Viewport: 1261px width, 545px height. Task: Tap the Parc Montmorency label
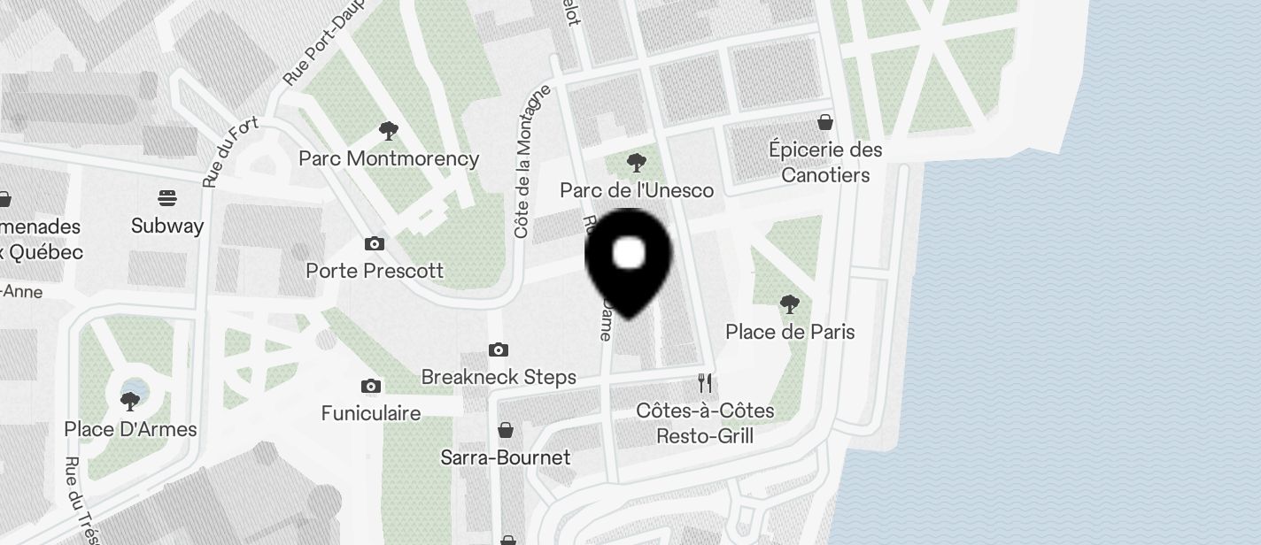(x=389, y=159)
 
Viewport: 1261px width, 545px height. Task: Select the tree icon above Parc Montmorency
(x=388, y=132)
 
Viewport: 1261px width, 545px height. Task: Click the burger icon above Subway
(x=167, y=197)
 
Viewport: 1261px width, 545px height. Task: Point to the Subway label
(x=167, y=226)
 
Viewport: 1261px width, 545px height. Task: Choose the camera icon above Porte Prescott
(x=375, y=243)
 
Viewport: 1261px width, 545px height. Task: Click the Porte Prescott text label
(x=375, y=271)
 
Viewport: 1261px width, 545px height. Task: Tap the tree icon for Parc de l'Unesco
(x=636, y=163)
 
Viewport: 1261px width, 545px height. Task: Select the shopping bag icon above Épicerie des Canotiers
(x=825, y=121)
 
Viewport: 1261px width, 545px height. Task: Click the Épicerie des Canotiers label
(x=825, y=162)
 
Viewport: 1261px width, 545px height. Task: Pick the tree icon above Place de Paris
(x=790, y=305)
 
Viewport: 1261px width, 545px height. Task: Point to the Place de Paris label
(x=790, y=332)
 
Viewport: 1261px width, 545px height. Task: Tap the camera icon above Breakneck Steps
(x=499, y=350)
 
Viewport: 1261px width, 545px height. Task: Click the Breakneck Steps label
(x=499, y=378)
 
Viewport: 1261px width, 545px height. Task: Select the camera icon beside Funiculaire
(x=371, y=386)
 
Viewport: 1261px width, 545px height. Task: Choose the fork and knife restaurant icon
(x=705, y=383)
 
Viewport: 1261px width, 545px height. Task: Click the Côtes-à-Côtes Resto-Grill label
(x=705, y=424)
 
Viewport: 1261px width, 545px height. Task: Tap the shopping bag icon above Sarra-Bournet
(x=506, y=430)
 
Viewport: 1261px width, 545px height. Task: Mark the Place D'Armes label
(x=130, y=430)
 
